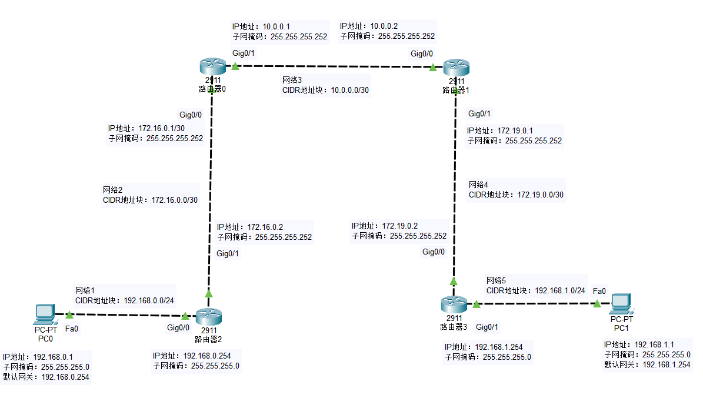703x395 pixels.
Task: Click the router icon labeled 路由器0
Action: pyautogui.click(x=211, y=66)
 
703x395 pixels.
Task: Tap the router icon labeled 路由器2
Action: pyautogui.click(x=209, y=317)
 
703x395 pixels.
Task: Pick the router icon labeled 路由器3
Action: pyautogui.click(x=454, y=304)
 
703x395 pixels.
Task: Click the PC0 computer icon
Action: pyautogui.click(x=45, y=314)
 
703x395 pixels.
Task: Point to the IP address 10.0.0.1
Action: pyautogui.click(x=276, y=26)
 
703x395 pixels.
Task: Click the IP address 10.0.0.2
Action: pyautogui.click(x=384, y=26)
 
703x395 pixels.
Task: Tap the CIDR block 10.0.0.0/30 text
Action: pyautogui.click(x=349, y=90)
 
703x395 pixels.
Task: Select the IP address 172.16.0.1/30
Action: pyautogui.click(x=162, y=128)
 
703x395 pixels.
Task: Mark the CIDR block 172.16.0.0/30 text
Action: pyautogui.click(x=175, y=200)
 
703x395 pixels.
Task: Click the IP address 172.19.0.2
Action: pyautogui.click(x=400, y=226)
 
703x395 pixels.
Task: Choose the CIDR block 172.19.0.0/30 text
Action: pyautogui.click(x=541, y=195)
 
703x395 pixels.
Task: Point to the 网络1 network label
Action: pyautogui.click(x=85, y=290)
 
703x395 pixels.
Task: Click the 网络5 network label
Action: pyautogui.click(x=497, y=280)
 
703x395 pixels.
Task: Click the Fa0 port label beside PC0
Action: pyautogui.click(x=71, y=329)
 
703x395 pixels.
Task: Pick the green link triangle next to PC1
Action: pyautogui.click(x=597, y=303)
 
